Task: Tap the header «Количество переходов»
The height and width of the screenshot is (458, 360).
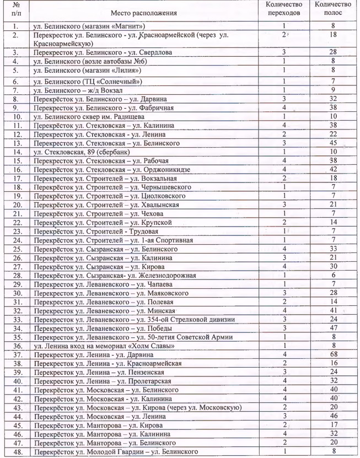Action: click(x=284, y=9)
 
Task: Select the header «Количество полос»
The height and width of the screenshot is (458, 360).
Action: click(x=332, y=9)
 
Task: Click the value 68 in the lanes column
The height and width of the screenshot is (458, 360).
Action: click(x=332, y=354)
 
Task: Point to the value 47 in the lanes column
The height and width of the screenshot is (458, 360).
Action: click(x=332, y=328)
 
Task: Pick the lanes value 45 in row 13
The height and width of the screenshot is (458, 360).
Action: click(x=332, y=144)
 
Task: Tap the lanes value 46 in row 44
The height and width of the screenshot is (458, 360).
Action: click(x=332, y=416)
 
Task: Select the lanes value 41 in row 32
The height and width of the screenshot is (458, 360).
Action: click(x=332, y=310)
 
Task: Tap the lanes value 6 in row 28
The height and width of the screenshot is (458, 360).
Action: click(x=332, y=275)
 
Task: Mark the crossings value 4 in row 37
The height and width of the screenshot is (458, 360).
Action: click(x=284, y=354)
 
